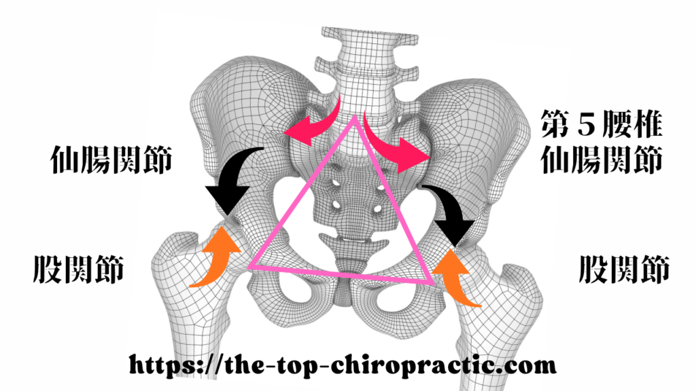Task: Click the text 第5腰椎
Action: pyautogui.click(x=601, y=125)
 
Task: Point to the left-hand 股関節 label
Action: pyautogui.click(x=78, y=269)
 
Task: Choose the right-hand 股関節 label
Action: pyautogui.click(x=624, y=269)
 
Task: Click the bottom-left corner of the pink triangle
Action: pyautogui.click(x=252, y=266)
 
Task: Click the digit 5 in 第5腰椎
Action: pyautogui.click(x=581, y=125)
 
